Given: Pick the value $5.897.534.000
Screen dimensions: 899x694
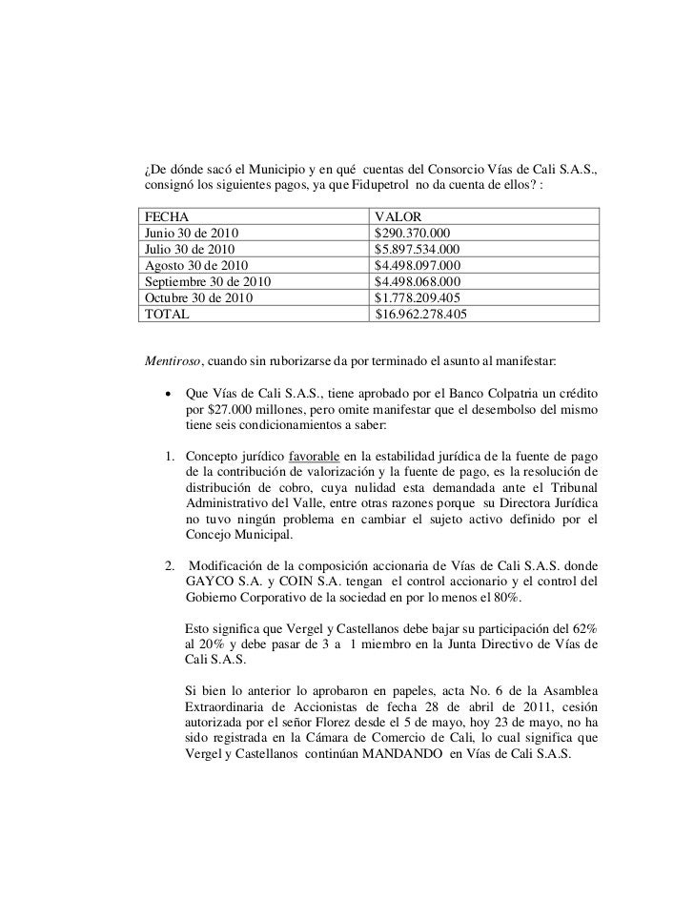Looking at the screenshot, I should (x=419, y=249).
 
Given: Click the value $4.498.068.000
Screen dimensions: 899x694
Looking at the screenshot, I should (x=419, y=281).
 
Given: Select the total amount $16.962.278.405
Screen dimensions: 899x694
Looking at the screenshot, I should (x=422, y=314).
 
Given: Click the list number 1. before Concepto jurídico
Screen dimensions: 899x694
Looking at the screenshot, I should (x=170, y=460).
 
